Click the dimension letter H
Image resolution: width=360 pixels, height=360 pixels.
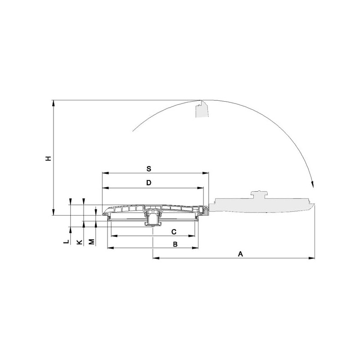tap(48, 158)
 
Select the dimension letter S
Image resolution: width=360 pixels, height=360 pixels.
tap(149, 169)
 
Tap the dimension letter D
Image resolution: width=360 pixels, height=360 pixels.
tap(149, 183)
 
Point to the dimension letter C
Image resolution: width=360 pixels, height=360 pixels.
tap(174, 232)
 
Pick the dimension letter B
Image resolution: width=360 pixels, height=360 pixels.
tap(175, 244)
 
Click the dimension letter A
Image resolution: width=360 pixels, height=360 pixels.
tap(240, 254)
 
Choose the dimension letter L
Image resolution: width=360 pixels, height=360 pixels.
tap(66, 242)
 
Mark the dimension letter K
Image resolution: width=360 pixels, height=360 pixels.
tap(79, 242)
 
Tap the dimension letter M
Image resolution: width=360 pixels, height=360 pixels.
tap(92, 242)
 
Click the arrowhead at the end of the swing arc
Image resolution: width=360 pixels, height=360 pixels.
tap(312, 184)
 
